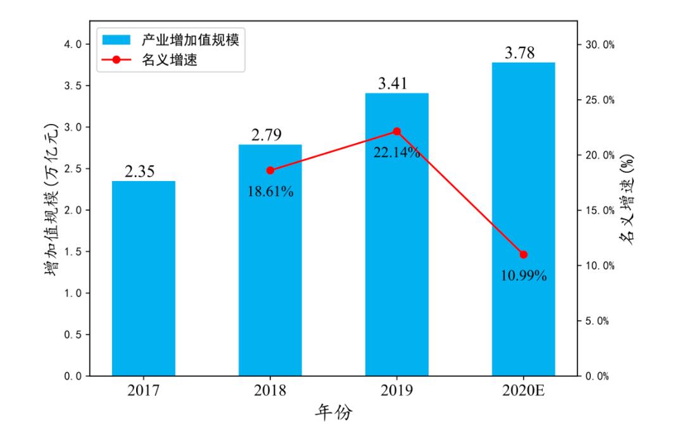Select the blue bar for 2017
click(x=144, y=278)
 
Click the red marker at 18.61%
click(x=270, y=170)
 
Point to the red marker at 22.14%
click(x=397, y=132)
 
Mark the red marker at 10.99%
click(x=524, y=254)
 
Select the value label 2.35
click(x=140, y=172)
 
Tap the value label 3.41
click(x=393, y=84)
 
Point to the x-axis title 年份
click(x=334, y=413)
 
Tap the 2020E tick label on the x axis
click(x=524, y=390)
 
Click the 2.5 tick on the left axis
click(x=74, y=168)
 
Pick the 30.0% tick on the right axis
click(x=598, y=45)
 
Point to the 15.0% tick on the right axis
click(x=598, y=211)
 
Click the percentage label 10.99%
click(x=524, y=276)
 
